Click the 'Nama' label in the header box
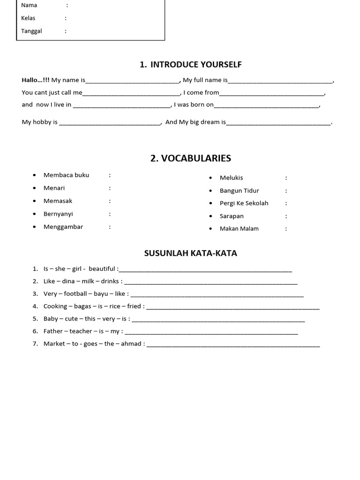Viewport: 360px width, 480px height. pyautogui.click(x=29, y=5)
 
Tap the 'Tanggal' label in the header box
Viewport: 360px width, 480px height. pyautogui.click(x=31, y=31)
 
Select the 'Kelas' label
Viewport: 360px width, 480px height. pyautogui.click(x=28, y=18)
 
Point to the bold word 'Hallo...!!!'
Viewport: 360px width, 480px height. pyautogui.click(x=36, y=80)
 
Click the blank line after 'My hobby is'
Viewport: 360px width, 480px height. pyautogui.click(x=110, y=123)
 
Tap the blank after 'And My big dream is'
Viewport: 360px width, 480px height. pyautogui.click(x=278, y=123)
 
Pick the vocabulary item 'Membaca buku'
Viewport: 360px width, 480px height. pyautogui.click(x=66, y=175)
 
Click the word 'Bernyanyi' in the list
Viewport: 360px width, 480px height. pyautogui.click(x=58, y=214)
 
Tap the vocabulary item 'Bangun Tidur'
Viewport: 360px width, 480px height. pyautogui.click(x=239, y=190)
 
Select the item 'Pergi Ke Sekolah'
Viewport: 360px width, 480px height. pyautogui.click(x=244, y=203)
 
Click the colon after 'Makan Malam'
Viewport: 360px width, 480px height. pyautogui.click(x=286, y=229)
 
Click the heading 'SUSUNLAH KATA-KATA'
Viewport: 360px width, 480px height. pyautogui.click(x=190, y=253)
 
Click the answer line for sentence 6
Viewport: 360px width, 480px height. pyautogui.click(x=211, y=332)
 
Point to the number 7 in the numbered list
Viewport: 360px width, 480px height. pyautogui.click(x=35, y=344)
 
